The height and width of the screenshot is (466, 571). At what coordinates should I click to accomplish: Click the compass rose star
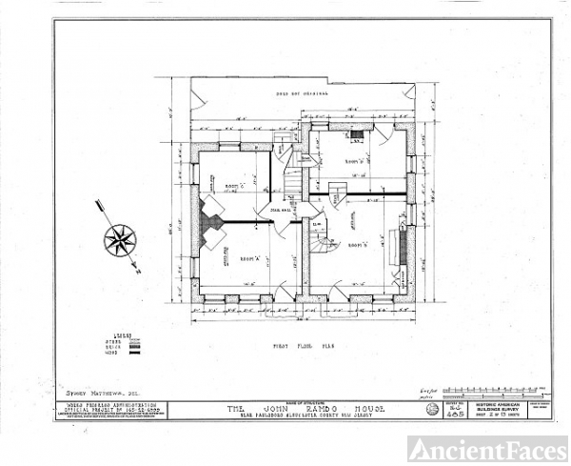(121, 238)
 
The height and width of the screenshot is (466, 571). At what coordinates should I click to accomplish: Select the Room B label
(358, 244)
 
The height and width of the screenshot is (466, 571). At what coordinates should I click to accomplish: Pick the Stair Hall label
(282, 210)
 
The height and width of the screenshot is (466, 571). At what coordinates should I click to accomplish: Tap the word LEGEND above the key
(122, 335)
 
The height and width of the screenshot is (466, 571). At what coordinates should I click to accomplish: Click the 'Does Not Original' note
(302, 91)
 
